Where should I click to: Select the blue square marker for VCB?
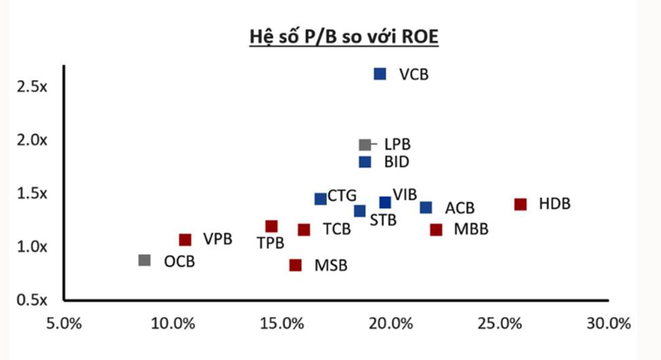pos(380,74)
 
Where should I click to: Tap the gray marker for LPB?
pos(365,144)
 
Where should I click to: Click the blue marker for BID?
pos(365,162)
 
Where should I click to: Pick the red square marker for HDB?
pos(521,204)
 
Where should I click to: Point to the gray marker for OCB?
pos(144,260)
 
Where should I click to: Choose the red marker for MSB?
pos(295,265)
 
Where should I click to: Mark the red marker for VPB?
pos(185,239)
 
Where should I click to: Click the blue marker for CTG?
pos(321,199)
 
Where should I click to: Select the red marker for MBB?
pos(436,229)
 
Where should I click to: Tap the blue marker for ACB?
pos(426,207)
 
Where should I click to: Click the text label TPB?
pos(270,243)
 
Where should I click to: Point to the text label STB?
pos(383,220)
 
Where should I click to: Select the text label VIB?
pos(405,195)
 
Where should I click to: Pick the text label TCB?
pos(337,229)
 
